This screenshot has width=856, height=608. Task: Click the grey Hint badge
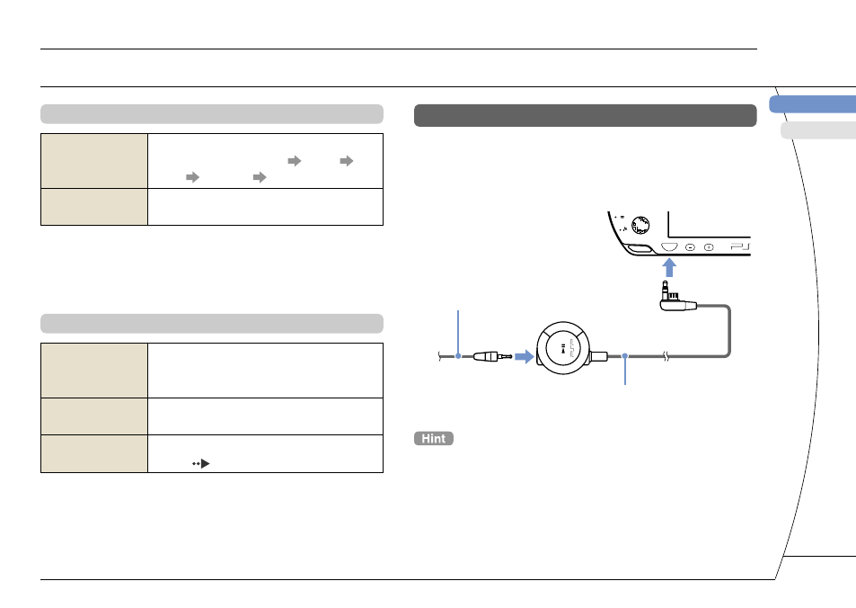pyautogui.click(x=434, y=439)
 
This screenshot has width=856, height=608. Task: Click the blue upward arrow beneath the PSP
pyautogui.click(x=669, y=268)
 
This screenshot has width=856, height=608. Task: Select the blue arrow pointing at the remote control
pyautogui.click(x=524, y=357)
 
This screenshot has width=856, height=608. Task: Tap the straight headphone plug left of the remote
pyautogui.click(x=492, y=356)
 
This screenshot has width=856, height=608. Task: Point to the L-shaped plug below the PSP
pyautogui.click(x=677, y=298)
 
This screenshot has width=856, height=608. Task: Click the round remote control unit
pyautogui.click(x=563, y=348)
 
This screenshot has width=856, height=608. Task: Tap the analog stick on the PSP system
pyautogui.click(x=640, y=225)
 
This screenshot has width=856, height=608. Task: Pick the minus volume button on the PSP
pyautogui.click(x=690, y=247)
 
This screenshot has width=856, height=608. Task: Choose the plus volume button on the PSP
pyautogui.click(x=709, y=247)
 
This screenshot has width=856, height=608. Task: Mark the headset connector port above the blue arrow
pyautogui.click(x=669, y=247)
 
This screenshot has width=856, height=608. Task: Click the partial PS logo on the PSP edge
pyautogui.click(x=741, y=247)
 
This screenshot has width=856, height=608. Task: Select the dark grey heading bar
pyautogui.click(x=586, y=115)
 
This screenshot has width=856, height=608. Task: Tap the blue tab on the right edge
pyautogui.click(x=813, y=104)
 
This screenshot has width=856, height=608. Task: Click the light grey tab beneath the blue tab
pyautogui.click(x=818, y=130)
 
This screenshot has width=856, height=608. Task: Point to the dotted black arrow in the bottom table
pyautogui.click(x=201, y=464)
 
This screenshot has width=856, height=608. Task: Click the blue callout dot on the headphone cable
pyautogui.click(x=458, y=356)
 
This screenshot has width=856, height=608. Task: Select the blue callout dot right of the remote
pyautogui.click(x=625, y=356)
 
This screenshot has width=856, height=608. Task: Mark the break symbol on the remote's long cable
pyautogui.click(x=666, y=356)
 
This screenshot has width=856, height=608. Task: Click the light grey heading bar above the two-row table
pyautogui.click(x=212, y=113)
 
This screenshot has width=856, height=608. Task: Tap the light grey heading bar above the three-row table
pyautogui.click(x=212, y=324)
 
